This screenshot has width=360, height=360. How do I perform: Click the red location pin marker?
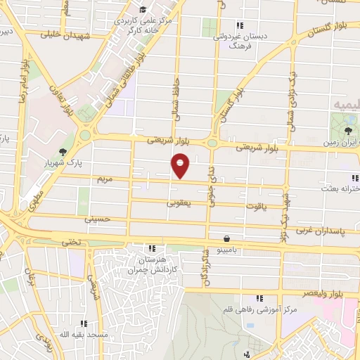181,166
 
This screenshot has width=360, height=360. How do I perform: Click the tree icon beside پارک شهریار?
63,152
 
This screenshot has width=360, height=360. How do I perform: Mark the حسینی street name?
98,219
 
